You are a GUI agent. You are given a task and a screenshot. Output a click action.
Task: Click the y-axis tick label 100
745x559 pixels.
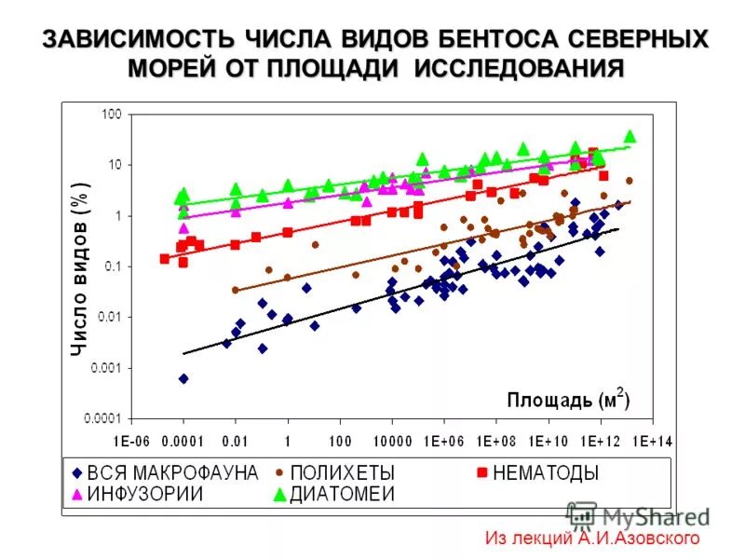110,114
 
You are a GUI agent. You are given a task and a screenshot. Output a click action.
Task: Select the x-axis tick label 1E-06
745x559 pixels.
131,440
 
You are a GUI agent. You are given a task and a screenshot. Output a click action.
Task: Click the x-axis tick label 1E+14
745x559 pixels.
655,440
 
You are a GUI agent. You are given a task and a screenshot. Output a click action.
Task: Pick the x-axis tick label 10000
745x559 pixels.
393,440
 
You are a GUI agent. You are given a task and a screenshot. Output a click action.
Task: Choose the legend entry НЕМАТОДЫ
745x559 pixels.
547,473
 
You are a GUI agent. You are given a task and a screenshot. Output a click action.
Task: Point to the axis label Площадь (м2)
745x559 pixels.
569,401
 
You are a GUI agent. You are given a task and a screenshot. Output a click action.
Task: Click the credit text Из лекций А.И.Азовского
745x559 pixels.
592,539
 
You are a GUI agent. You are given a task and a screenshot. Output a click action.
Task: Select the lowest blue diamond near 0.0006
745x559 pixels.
183,378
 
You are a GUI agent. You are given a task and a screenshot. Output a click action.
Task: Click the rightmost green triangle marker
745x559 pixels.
630,136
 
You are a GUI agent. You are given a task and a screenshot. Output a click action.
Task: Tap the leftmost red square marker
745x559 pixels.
165,258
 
